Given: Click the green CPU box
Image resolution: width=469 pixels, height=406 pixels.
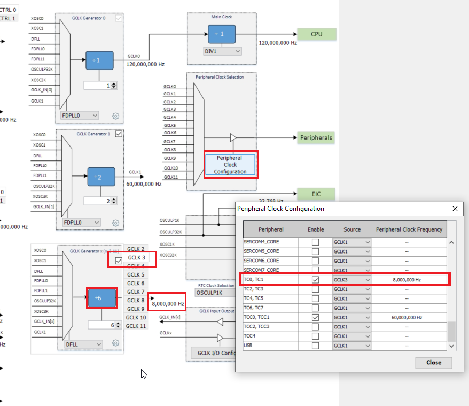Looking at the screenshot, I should [x=317, y=34].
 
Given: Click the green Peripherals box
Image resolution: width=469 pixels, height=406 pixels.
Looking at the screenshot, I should [x=316, y=137].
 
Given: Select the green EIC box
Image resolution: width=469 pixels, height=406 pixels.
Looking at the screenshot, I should [x=316, y=194].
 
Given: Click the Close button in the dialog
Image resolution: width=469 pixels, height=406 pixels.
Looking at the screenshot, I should [x=433, y=362].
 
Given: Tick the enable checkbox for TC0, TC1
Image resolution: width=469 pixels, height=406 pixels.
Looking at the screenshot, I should [x=315, y=280].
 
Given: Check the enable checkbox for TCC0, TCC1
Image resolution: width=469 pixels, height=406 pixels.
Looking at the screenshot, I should [x=315, y=317].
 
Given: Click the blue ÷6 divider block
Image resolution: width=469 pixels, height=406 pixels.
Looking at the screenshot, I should [x=102, y=298].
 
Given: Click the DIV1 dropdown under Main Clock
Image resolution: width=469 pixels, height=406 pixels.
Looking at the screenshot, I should [x=223, y=51].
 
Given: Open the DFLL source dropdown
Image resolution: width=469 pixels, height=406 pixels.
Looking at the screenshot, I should [x=83, y=344].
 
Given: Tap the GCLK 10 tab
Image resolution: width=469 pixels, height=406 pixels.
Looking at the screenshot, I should [x=136, y=317].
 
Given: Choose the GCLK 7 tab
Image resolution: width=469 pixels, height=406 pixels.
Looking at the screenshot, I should [x=136, y=292].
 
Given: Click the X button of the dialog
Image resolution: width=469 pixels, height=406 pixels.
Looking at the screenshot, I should [x=455, y=209].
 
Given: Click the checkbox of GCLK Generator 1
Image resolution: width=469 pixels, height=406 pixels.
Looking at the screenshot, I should [x=119, y=134].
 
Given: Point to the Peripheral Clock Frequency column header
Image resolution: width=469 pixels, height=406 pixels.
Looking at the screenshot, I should [x=409, y=229].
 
